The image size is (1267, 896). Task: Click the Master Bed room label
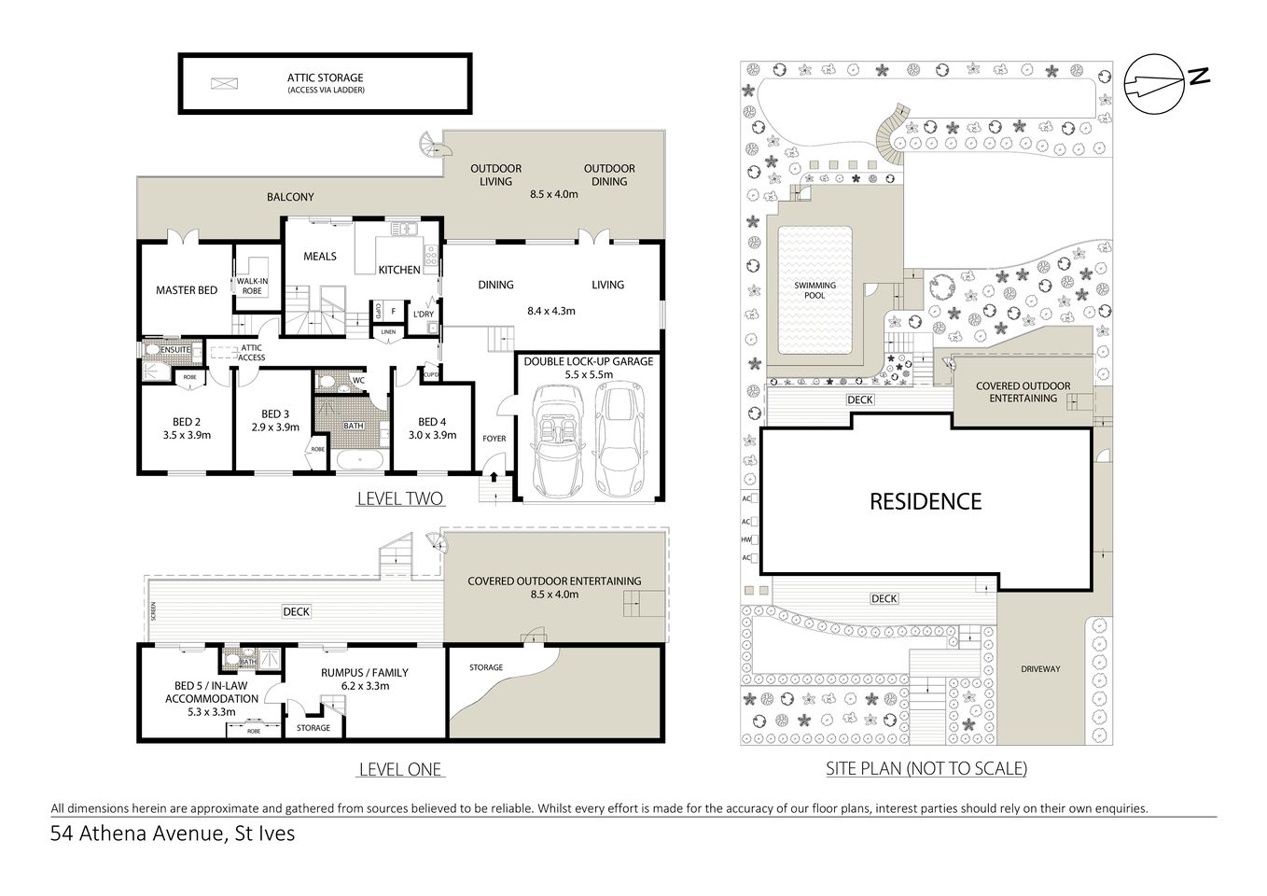[x=187, y=290]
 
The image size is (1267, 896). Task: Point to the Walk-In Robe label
[x=252, y=286]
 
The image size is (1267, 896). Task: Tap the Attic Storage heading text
[x=326, y=78]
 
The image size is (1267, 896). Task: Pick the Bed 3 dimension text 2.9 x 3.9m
[x=274, y=427]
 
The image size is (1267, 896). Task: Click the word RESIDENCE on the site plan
[x=926, y=502]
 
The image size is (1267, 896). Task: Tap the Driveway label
[x=1039, y=669]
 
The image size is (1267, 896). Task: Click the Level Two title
[x=400, y=499]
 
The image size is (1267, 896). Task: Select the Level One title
[x=400, y=770]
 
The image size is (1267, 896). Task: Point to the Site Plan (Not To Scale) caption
[x=926, y=769]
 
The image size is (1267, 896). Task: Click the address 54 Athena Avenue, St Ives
[x=173, y=833]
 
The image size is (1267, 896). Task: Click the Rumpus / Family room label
[x=365, y=672]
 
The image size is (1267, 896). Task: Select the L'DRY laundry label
[x=424, y=315]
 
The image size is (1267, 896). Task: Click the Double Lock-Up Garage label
[x=589, y=361]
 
